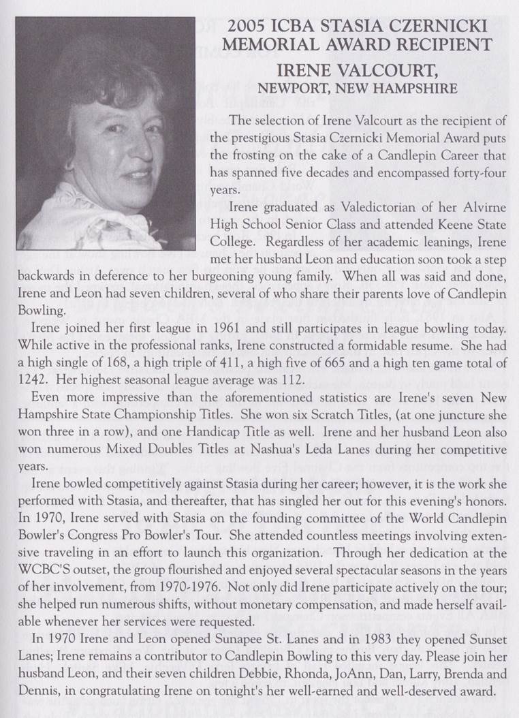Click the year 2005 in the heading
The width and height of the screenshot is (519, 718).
(x=248, y=27)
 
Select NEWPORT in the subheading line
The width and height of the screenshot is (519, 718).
(x=292, y=88)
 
